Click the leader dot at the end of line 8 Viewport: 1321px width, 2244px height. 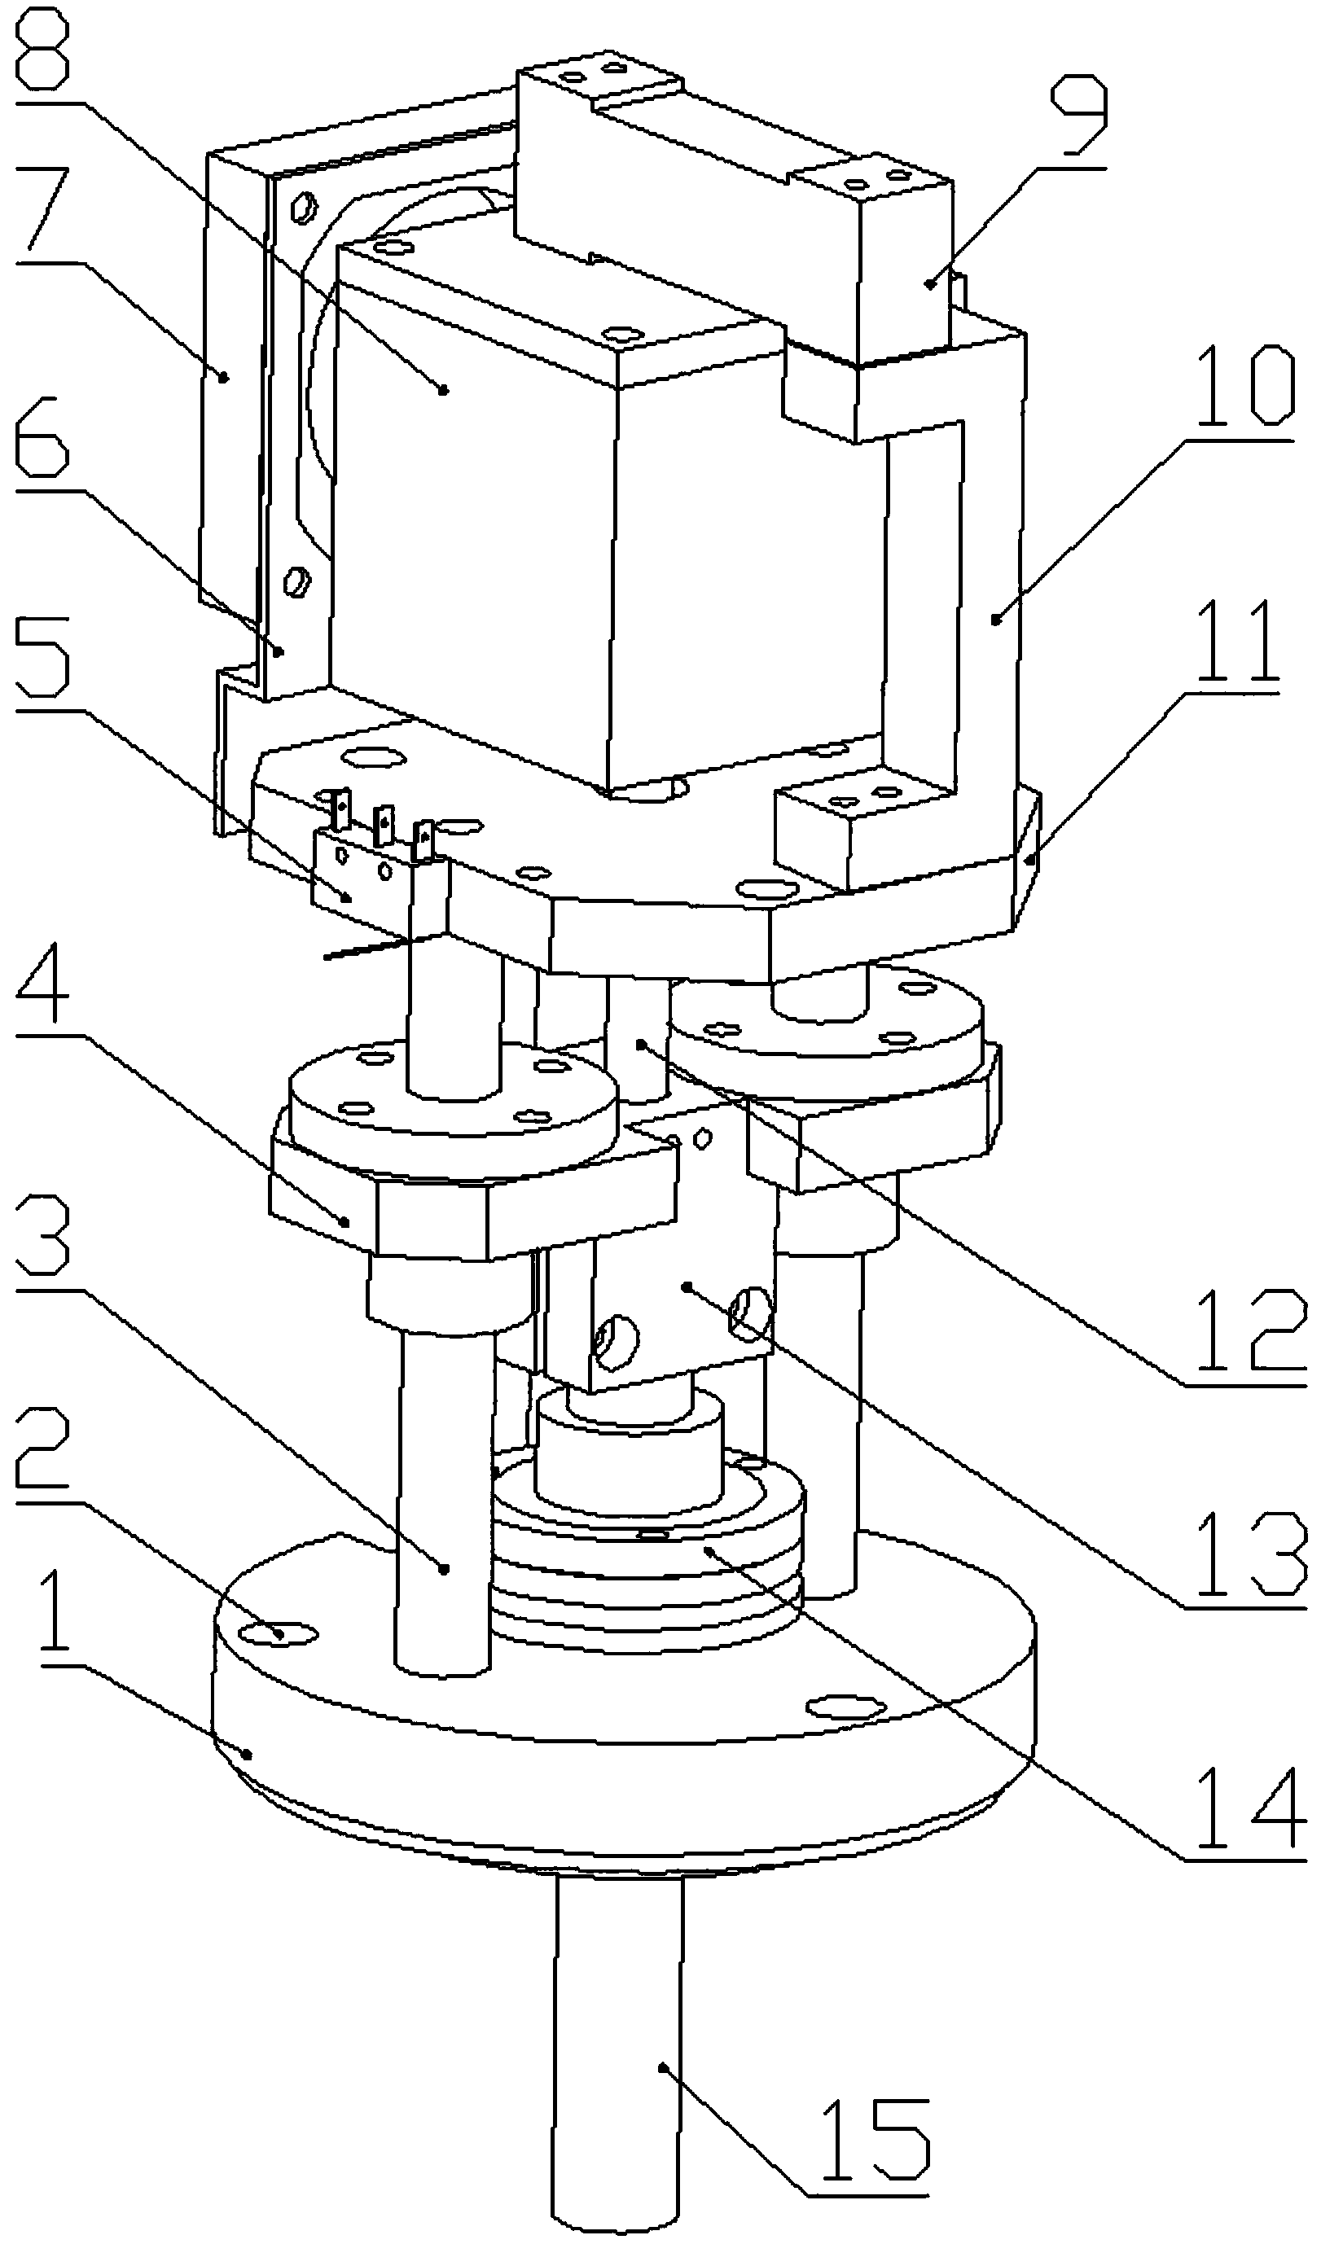(444, 388)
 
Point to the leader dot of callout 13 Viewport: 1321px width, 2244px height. (687, 1286)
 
